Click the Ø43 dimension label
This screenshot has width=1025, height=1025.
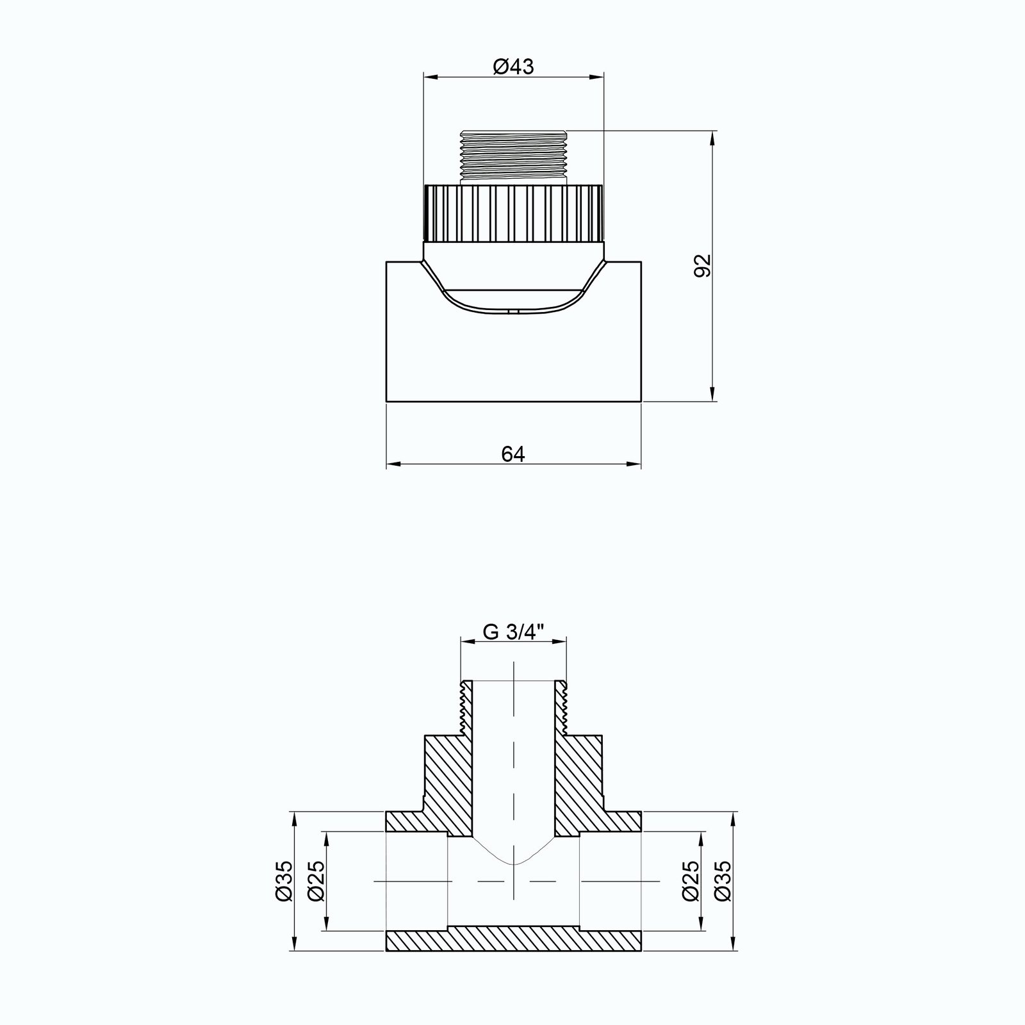tap(513, 66)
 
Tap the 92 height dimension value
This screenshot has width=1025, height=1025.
tap(703, 266)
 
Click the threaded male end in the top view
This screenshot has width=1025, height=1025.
tap(513, 158)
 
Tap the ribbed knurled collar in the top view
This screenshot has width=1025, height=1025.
tap(513, 213)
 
